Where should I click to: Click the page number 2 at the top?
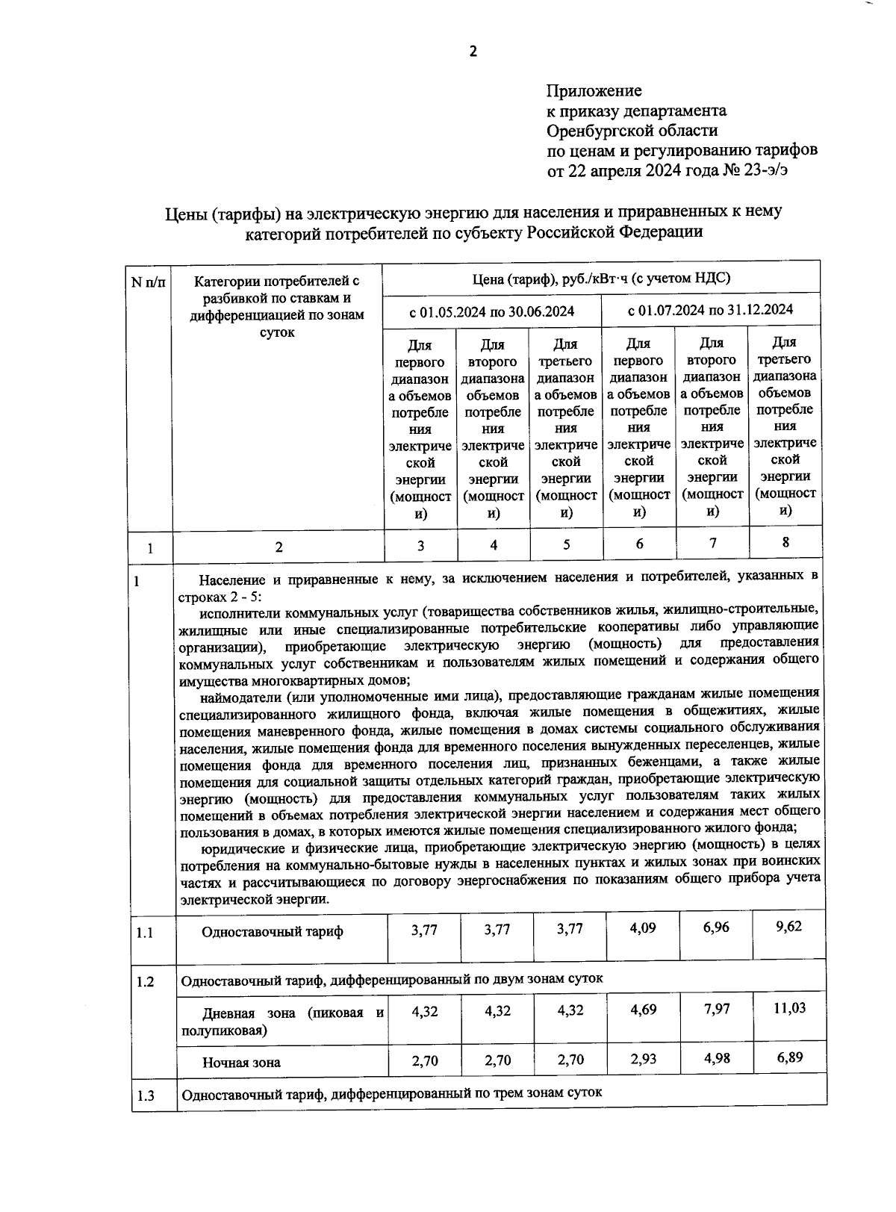[x=472, y=51]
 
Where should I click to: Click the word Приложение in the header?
[x=594, y=91]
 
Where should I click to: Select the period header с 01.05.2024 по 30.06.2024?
[x=491, y=311]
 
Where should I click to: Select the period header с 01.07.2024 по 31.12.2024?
[x=710, y=309]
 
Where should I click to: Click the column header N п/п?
[x=150, y=282]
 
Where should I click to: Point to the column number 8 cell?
[x=785, y=542]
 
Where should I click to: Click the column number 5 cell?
[x=566, y=544]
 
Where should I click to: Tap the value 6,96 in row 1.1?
[x=716, y=927]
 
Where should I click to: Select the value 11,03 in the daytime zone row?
[x=788, y=1008]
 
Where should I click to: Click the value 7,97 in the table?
[x=716, y=1009]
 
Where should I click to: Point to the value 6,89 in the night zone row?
[x=788, y=1057]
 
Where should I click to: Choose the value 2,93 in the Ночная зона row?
[x=643, y=1059]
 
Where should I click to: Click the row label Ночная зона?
[x=241, y=1062]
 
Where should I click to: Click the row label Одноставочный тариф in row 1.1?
[x=273, y=931]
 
